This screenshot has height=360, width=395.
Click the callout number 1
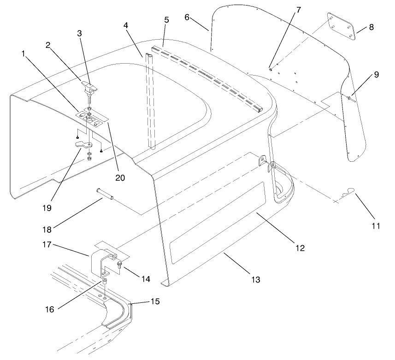(23, 54)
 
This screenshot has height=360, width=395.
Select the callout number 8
(371, 27)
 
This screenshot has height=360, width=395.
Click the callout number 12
(300, 248)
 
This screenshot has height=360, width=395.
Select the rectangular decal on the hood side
(217, 223)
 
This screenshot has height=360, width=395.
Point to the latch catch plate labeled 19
(83, 145)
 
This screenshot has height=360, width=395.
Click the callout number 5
(166, 20)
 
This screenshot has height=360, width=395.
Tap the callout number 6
(187, 17)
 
